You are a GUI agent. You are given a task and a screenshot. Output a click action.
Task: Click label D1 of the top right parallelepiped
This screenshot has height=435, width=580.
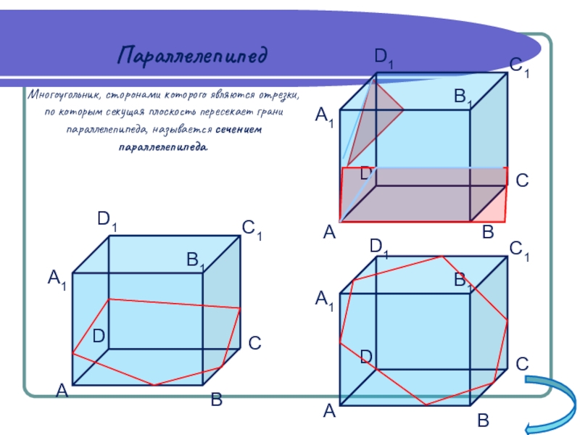pos(384,58)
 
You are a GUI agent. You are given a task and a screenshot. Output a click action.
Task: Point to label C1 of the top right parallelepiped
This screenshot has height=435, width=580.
pos(519,67)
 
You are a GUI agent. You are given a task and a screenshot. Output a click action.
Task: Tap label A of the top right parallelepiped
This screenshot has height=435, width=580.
pos(329,232)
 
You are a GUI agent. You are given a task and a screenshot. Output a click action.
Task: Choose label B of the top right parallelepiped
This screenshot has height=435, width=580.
pos(487,232)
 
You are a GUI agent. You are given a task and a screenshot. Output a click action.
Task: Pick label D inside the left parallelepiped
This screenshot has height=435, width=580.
pos(98,336)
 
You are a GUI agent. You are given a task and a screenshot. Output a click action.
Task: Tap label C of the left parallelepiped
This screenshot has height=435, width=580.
pos(254,343)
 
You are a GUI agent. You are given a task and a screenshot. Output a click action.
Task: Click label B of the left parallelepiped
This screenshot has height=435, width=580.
pos(216,399)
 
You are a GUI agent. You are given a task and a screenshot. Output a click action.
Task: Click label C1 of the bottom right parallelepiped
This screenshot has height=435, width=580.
pos(519,251)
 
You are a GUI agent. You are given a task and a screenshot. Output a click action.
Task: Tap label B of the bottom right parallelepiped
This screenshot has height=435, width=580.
pos(484,421)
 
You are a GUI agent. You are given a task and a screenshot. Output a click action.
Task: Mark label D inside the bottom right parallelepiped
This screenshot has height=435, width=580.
pos(367,356)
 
